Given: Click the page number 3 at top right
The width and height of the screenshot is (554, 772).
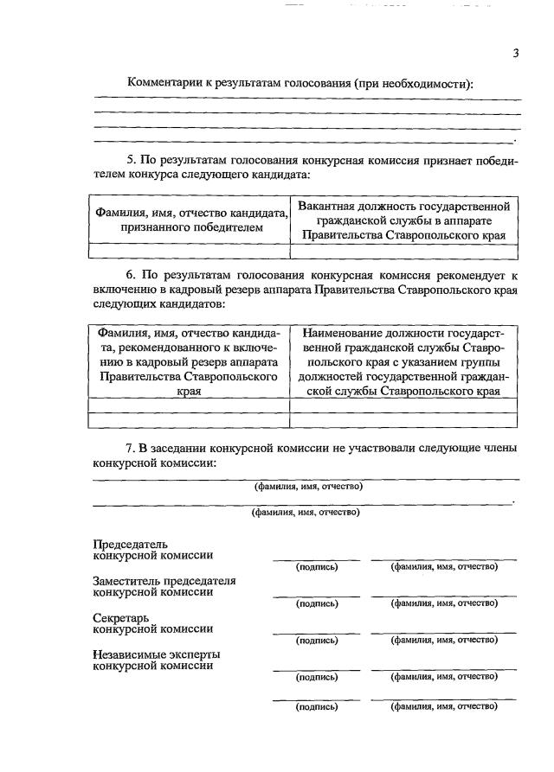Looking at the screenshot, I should tap(515, 54).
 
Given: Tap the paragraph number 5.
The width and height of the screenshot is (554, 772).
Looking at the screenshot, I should tap(131, 160).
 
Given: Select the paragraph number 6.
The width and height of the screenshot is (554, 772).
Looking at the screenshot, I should tap(131, 275).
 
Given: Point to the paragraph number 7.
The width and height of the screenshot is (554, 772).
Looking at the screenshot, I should tap(131, 448).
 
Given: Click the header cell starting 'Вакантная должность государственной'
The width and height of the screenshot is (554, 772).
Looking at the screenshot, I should tap(404, 220).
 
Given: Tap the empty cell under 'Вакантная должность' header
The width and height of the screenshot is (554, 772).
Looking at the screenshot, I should tap(404, 252).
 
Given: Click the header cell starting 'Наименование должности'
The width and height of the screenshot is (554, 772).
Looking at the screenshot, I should tap(404, 362).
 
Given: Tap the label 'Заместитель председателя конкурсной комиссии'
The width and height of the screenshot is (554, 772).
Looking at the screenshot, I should tap(164, 587).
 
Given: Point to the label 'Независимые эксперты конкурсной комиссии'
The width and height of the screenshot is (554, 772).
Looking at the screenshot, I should tap(156, 660).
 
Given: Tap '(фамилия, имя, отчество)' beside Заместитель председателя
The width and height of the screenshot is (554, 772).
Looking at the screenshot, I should tap(444, 603).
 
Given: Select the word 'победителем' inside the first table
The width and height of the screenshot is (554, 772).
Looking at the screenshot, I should tap(226, 228).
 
